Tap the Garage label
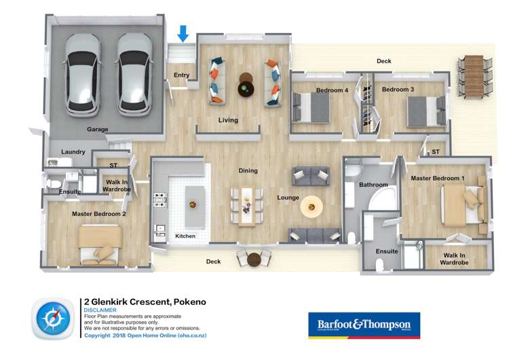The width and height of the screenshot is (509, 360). [98, 129]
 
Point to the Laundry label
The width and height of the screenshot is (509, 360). [73, 151]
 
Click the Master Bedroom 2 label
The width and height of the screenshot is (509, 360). [99, 213]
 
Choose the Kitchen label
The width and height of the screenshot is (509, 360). [185, 236]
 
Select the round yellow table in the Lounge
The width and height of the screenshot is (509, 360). [312, 205]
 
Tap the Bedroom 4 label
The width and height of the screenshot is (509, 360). [333, 90]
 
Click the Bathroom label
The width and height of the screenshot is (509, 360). [373, 185]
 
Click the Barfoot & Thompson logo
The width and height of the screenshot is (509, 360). [364, 325]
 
